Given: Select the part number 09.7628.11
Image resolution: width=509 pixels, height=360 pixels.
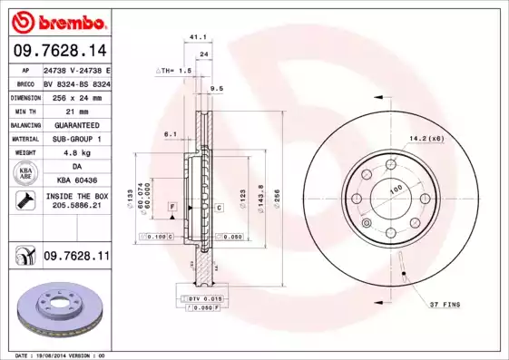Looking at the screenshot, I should pos(76,257).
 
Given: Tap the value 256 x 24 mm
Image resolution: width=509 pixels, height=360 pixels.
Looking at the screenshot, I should pos(75,95).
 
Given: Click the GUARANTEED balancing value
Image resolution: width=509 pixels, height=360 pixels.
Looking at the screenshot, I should pos(76,124).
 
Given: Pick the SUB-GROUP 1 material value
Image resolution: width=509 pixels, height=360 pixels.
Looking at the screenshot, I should pos(76,139).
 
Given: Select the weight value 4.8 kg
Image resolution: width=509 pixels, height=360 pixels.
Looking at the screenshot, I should pos(76,153).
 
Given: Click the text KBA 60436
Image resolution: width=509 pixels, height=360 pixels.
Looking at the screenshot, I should pos(76,180).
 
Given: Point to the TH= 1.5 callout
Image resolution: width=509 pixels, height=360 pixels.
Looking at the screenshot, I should pos(173,70).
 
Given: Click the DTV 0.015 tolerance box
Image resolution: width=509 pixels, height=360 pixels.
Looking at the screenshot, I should pos(194,298).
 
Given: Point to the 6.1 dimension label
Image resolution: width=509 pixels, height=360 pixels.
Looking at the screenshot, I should pos(170,134).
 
